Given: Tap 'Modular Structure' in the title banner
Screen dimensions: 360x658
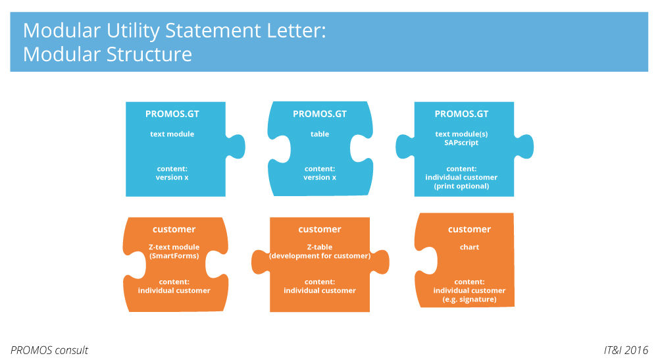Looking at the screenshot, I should pyautogui.click(x=107, y=53).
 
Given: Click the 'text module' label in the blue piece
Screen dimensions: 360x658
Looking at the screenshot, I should pyautogui.click(x=172, y=134).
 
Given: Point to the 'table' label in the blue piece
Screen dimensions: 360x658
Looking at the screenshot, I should pyautogui.click(x=320, y=134).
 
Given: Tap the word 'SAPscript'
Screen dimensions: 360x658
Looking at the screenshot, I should pyautogui.click(x=461, y=143).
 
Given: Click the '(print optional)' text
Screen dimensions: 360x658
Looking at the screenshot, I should pyautogui.click(x=461, y=186).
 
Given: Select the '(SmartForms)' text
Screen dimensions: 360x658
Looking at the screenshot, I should pyautogui.click(x=174, y=256).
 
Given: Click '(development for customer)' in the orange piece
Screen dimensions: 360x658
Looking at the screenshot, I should pyautogui.click(x=320, y=256).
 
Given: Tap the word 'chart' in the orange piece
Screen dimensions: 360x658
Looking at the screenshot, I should pyautogui.click(x=469, y=247).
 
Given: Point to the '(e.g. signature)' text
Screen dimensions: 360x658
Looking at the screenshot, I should pyautogui.click(x=469, y=299).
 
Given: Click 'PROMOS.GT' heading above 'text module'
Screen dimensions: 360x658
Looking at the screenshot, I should pyautogui.click(x=172, y=114).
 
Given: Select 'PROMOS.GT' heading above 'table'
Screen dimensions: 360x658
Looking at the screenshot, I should pyautogui.click(x=320, y=114).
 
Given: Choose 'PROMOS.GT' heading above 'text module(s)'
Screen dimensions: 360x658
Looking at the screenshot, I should pyautogui.click(x=461, y=114).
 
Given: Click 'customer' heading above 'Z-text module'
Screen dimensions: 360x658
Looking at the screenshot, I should pyautogui.click(x=174, y=229).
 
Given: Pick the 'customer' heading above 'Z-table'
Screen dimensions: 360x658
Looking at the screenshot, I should pyautogui.click(x=320, y=229).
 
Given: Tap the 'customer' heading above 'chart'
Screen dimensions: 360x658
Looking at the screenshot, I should pyautogui.click(x=469, y=229).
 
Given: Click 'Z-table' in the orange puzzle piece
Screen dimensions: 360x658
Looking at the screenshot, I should pyautogui.click(x=320, y=247).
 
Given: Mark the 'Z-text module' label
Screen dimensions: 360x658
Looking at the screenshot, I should pyautogui.click(x=174, y=247).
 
